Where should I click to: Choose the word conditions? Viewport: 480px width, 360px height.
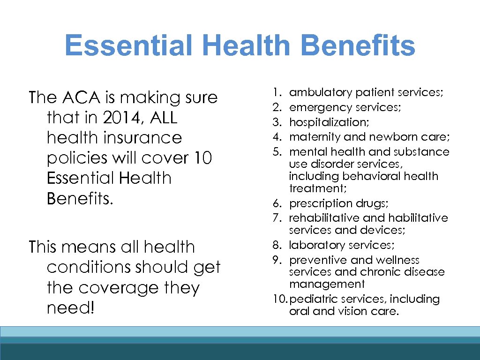pos(89,267)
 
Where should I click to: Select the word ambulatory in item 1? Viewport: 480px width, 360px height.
pos(321,93)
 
